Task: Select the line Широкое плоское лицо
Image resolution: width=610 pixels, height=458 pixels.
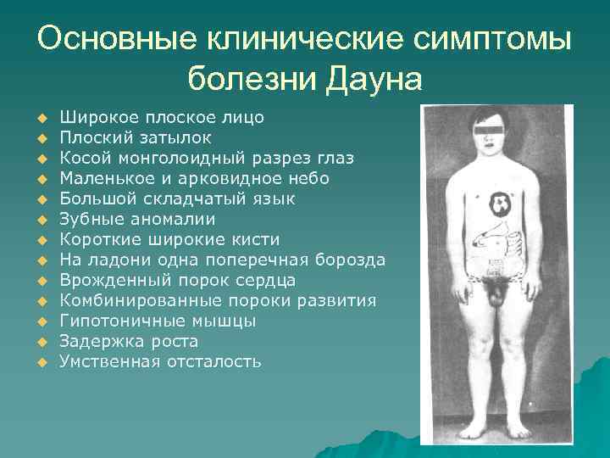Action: click(x=161, y=117)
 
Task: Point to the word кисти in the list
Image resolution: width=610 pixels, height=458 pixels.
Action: click(x=255, y=239)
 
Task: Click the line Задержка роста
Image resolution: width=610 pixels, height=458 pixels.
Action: click(x=128, y=341)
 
